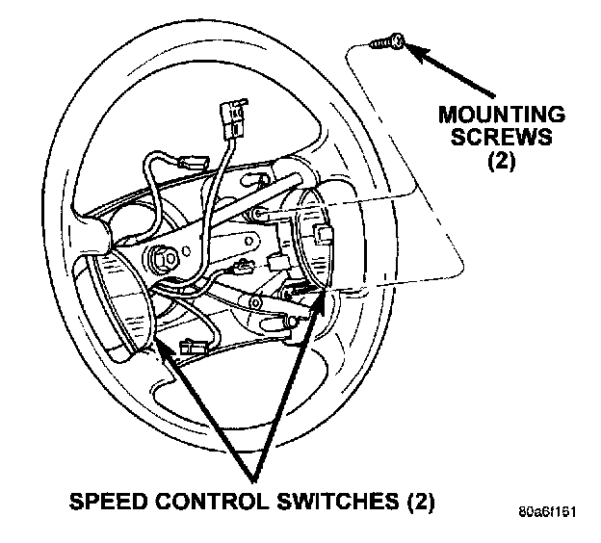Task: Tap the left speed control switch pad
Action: [x=122, y=303]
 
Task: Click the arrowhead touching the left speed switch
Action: [x=163, y=344]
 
